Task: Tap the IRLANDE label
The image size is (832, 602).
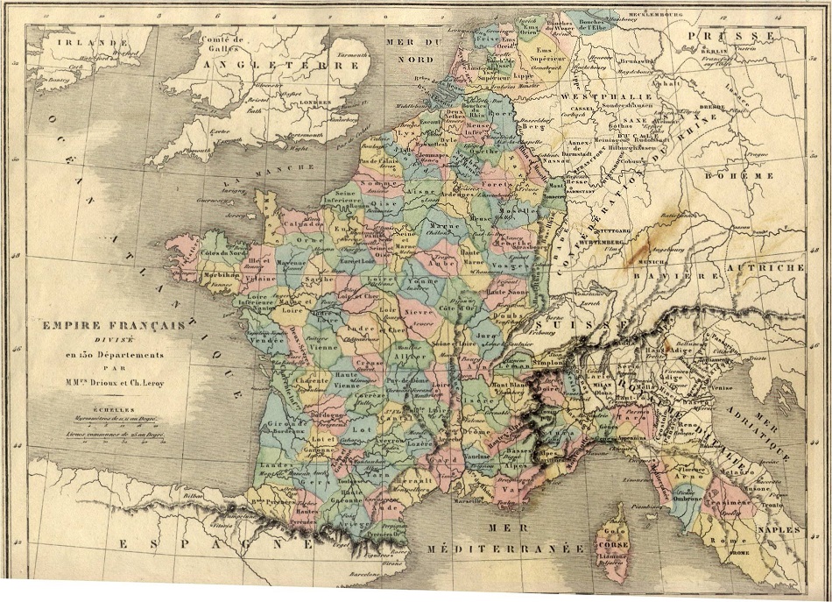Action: click(x=78, y=41)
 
